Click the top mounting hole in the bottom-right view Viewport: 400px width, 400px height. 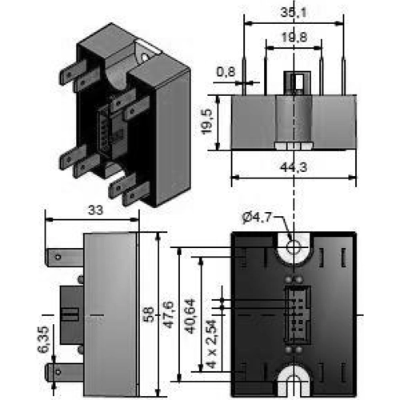pyautogui.click(x=295, y=246)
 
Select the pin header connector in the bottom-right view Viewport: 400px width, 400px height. pyautogui.click(x=295, y=311)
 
